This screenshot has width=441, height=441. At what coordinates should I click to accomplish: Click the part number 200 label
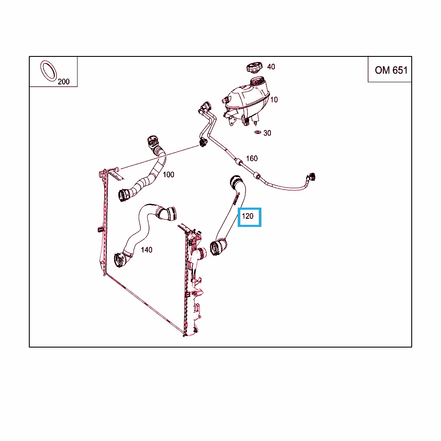tap(64, 81)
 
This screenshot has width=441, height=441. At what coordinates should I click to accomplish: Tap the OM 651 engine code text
tap(391, 70)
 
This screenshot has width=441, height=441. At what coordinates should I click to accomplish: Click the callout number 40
tap(271, 67)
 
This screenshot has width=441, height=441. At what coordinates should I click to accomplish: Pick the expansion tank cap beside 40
tap(254, 68)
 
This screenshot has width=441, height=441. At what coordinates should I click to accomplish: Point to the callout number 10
tap(274, 99)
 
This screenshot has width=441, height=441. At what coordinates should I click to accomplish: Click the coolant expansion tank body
tap(246, 100)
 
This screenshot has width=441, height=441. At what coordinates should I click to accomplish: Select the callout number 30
tap(267, 133)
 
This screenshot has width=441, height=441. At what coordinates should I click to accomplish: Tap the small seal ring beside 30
tap(258, 132)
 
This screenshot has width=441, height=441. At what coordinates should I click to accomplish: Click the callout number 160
tap(252, 158)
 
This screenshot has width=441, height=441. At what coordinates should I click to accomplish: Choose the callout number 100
tap(168, 175)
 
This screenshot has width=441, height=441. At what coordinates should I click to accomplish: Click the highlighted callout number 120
tap(248, 216)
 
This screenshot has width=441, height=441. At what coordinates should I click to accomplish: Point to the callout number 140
tap(146, 250)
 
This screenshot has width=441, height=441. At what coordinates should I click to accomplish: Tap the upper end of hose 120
tap(236, 181)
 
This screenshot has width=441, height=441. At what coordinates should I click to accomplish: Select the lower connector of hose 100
tap(124, 195)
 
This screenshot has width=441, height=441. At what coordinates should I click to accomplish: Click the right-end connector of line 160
tap(311, 177)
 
